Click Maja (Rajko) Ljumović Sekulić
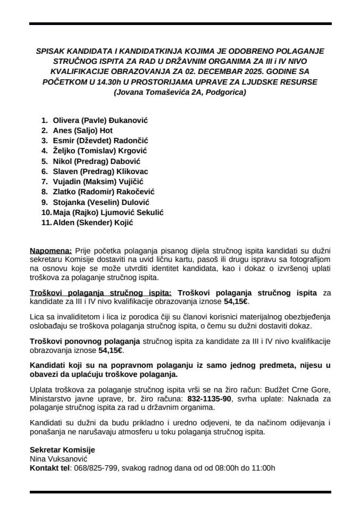(108, 212)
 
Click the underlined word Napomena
(51, 250)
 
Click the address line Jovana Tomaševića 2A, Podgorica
(180, 92)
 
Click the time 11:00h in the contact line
(261, 468)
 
